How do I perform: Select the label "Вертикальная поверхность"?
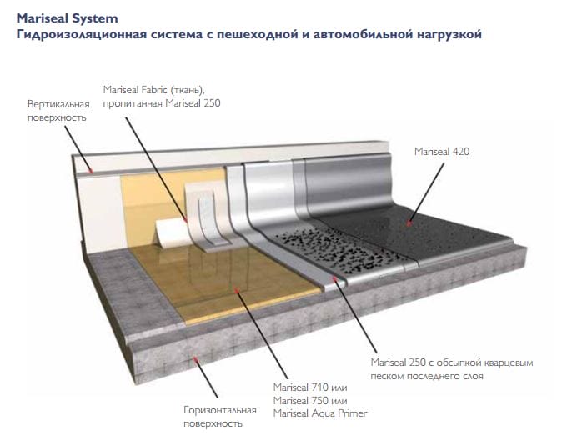[58, 112]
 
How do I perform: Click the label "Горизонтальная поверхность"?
[218, 416]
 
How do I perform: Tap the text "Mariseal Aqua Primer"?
[320, 413]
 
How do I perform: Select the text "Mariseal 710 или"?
[310, 388]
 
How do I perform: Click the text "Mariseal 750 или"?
[310, 401]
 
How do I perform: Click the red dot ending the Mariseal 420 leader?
[410, 222]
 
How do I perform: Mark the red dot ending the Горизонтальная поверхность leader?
[196, 359]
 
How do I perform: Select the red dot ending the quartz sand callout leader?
[336, 282]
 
